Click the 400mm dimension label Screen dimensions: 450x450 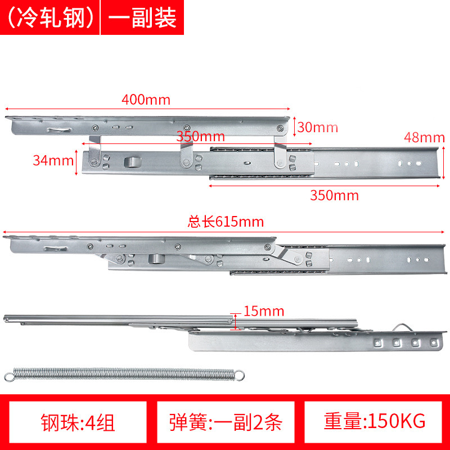pos(146,100)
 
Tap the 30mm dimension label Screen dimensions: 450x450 pos(318,127)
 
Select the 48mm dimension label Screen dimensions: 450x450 pos(424,137)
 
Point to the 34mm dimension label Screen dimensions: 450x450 pos(53,160)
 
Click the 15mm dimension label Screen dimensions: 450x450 pos(264,311)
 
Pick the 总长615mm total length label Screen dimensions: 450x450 pos(226,222)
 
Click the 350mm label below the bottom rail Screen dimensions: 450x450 pos(334,195)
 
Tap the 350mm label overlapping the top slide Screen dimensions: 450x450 pos(200,136)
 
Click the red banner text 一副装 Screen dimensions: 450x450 pos(142,18)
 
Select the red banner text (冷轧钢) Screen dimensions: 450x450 pos(50,18)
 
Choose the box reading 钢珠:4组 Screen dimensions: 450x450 pos(78,422)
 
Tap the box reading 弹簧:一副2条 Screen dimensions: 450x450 pos(226,422)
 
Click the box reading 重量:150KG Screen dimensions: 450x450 pos(373,422)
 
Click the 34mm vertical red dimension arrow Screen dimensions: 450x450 pos(76,162)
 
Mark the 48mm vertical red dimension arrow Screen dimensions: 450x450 pos(443,163)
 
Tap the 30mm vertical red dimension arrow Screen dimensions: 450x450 pos(294,126)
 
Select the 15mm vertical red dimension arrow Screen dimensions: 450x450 pos(236,321)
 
